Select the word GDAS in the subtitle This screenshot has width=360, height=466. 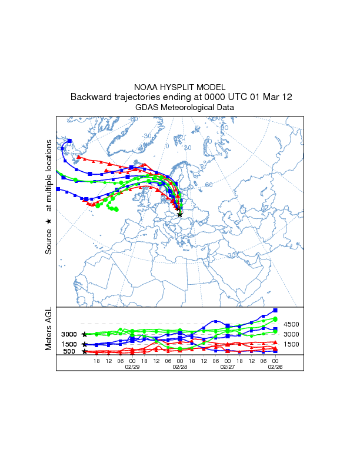pos(147,108)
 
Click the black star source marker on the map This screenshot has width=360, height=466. pos(179,214)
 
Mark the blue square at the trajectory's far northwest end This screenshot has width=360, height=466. pos(69,141)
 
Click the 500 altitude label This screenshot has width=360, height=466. pos(69,352)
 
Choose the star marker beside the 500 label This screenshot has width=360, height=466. pos(85,352)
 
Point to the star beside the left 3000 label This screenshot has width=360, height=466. pos(85,334)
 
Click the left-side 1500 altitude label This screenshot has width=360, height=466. pos(69,344)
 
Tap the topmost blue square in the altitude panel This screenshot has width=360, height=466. pos(275,310)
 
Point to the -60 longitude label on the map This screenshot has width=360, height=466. pos(134,119)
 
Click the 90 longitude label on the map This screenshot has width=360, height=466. pos(224,128)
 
